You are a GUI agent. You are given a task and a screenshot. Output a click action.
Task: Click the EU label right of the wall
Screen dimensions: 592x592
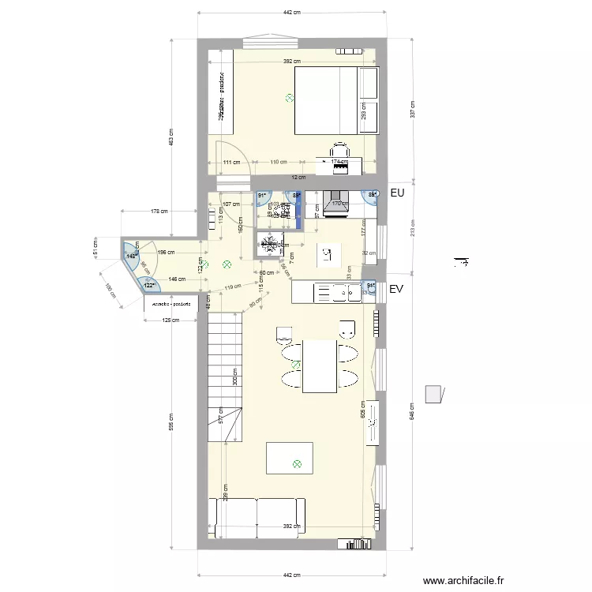coord(397,193)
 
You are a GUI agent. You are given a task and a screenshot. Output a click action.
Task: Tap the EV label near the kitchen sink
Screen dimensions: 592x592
coord(397,290)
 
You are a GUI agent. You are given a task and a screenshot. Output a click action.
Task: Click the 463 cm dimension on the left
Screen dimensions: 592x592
coord(170,137)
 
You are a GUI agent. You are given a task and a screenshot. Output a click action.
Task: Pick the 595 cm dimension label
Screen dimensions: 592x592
coord(170,422)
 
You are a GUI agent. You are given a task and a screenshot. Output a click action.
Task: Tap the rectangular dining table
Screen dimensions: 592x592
coord(320,365)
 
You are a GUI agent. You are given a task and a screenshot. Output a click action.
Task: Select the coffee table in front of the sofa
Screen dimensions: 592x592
coord(289,458)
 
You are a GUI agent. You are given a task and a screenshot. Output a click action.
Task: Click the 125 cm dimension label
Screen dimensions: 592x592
coord(170,320)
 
